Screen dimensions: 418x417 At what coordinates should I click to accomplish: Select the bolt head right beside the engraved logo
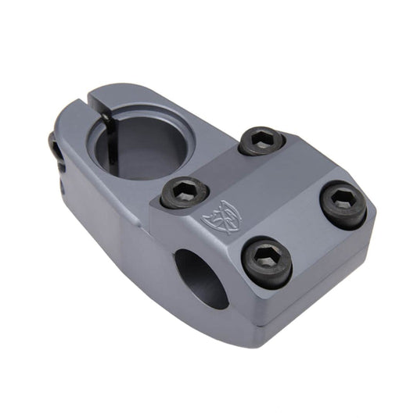(185, 192)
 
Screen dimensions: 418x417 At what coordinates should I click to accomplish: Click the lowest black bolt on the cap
(267, 262)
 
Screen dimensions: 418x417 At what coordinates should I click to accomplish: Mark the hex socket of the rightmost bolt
(343, 201)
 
